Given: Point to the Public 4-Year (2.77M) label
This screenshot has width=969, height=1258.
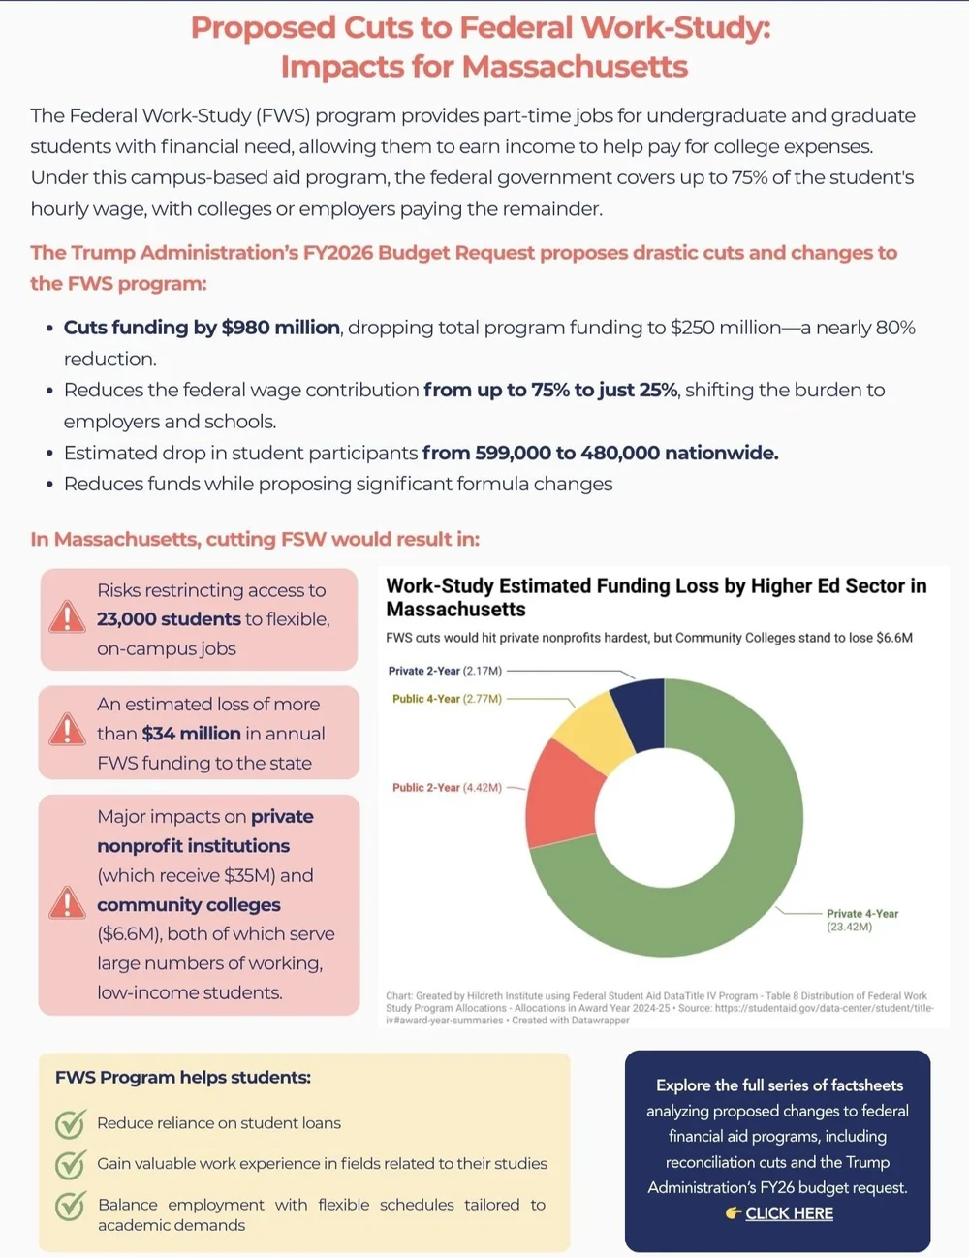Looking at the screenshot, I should point(447,699).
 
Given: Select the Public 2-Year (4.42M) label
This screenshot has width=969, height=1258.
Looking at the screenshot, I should point(447,788).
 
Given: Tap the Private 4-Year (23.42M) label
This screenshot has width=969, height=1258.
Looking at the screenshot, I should point(861,920).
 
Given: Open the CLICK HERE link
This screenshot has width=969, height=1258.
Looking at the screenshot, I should point(789,1213).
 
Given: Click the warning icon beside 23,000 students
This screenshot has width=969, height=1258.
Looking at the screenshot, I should point(67,617).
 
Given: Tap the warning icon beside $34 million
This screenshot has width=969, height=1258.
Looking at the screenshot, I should point(67,730).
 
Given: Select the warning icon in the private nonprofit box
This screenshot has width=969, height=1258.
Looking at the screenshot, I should point(67,902).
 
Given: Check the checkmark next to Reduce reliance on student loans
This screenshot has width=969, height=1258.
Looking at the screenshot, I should point(70,1123).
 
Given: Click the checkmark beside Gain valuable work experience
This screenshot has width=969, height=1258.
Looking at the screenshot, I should point(70,1164).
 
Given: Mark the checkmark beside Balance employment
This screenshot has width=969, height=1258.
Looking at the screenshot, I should point(70,1206).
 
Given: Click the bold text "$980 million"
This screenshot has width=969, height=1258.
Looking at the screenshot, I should point(280,328).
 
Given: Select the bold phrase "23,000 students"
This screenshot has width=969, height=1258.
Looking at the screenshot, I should point(169,619).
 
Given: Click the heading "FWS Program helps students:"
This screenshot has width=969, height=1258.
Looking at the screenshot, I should point(183,1078).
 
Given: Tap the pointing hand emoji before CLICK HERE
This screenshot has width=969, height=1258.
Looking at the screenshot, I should point(734,1213).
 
